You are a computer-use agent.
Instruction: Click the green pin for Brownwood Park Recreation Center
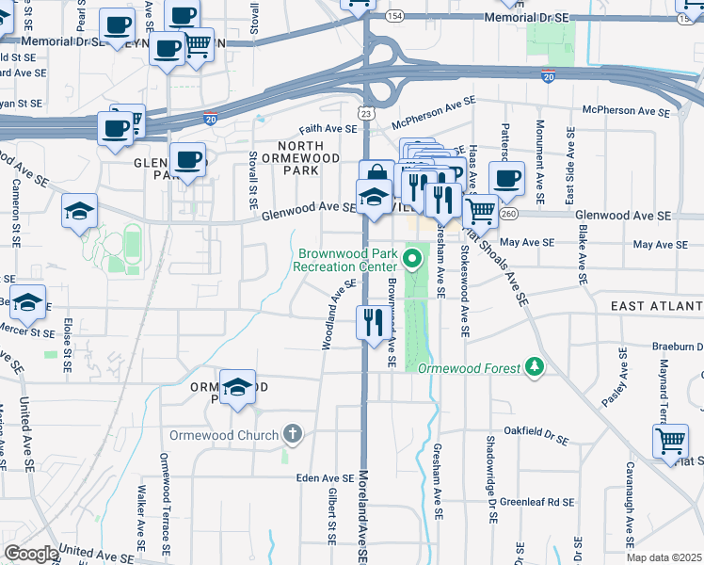coord(411,256)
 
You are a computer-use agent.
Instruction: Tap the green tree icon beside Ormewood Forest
coord(535,365)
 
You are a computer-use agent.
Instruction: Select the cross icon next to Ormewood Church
coord(293,434)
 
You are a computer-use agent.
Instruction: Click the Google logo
coord(31,554)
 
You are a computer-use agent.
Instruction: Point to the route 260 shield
coord(509,214)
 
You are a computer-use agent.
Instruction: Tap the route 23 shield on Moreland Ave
coord(366,113)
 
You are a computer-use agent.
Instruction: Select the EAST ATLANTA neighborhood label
coord(656,306)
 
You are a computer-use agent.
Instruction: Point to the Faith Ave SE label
coord(328,128)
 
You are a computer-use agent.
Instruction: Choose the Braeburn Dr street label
coord(678,346)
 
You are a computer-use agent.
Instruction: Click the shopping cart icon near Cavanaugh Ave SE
coord(669,440)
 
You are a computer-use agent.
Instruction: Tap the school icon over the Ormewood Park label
coord(237,385)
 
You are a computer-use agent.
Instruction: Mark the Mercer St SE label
coord(27,331)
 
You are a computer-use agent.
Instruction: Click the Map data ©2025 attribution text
coord(664,557)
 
